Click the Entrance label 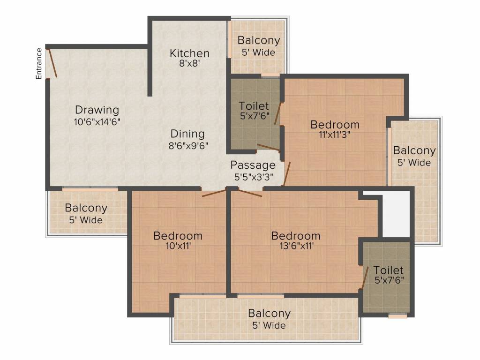[x=39, y=63]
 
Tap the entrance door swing [x=53, y=63]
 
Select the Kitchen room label [x=189, y=53]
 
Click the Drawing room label [x=97, y=110]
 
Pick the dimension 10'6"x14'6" [x=97, y=121]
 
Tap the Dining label [x=187, y=134]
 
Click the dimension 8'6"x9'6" [x=188, y=145]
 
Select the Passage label [x=253, y=165]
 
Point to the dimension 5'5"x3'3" [x=254, y=177]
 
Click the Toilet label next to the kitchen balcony [x=254, y=106]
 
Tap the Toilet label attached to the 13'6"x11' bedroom [x=388, y=270]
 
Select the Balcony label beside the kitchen [x=259, y=40]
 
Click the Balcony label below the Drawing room [x=86, y=208]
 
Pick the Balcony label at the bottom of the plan [x=269, y=313]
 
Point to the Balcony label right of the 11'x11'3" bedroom [x=414, y=151]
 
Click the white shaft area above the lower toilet [x=396, y=213]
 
